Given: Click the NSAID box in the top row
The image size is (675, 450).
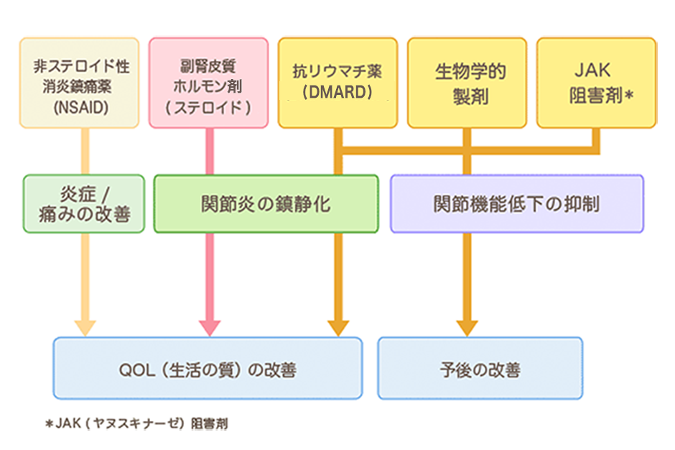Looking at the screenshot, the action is click(79, 83).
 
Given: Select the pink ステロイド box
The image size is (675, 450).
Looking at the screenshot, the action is click(209, 83).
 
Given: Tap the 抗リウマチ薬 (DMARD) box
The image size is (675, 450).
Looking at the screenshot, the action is click(338, 83).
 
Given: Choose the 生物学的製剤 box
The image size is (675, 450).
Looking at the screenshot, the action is click(467, 83).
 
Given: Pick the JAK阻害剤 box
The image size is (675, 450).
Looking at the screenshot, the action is click(597, 83).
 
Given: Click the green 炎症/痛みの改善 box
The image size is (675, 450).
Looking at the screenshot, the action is click(84, 204).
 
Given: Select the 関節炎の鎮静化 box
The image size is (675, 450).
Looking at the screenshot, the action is click(266, 204).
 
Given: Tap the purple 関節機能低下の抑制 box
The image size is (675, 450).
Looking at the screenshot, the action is click(517, 204).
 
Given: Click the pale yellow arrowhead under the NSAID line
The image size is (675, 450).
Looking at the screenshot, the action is click(85, 329).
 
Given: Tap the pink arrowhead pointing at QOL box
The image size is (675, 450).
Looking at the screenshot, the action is click(210, 329).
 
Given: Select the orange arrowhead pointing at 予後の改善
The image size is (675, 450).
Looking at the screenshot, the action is click(467, 329).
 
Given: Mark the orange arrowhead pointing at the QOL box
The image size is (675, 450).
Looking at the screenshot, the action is click(338, 329).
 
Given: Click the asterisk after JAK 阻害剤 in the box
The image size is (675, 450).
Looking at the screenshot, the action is click(629, 95).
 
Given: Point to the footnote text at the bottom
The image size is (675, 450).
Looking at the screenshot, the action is click(137, 423).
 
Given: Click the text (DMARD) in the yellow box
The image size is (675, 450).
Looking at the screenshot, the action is click(337, 92).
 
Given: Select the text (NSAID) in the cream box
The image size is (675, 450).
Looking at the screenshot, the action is click(81, 108).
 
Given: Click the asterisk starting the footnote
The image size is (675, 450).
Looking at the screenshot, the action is click(50, 424).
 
